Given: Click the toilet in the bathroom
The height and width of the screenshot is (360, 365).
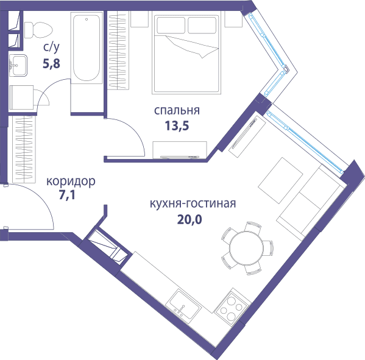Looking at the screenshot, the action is point(38,30).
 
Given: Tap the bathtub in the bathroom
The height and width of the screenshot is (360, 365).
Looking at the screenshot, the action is point(87,48).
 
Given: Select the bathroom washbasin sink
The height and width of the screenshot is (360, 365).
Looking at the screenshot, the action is point(18,65).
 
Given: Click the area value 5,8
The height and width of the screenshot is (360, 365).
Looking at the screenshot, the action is point(51,63).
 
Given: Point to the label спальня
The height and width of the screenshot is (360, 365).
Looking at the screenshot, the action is point(177,110).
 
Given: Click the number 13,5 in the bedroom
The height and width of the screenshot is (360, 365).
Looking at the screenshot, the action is point(177,126).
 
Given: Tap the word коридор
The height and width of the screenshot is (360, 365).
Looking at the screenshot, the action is point(71,182).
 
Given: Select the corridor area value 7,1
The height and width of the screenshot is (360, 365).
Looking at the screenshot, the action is point(67,195).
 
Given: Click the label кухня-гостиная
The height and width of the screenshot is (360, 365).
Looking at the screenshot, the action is point(193,203).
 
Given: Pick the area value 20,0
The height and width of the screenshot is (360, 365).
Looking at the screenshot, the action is point(190,219).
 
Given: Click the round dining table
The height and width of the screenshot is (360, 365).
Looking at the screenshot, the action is point(247,248).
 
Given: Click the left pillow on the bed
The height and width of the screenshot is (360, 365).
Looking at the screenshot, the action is point(171,26).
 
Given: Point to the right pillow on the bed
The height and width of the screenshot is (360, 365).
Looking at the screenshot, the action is point(202,26).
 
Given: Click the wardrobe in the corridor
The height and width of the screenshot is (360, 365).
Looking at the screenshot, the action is point(24,149).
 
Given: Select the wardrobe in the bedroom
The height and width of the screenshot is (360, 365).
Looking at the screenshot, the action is point(118,51).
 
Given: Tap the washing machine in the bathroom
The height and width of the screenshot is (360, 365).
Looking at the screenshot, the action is point(21,97).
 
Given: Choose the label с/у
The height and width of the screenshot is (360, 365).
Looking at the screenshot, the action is point(51,48).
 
